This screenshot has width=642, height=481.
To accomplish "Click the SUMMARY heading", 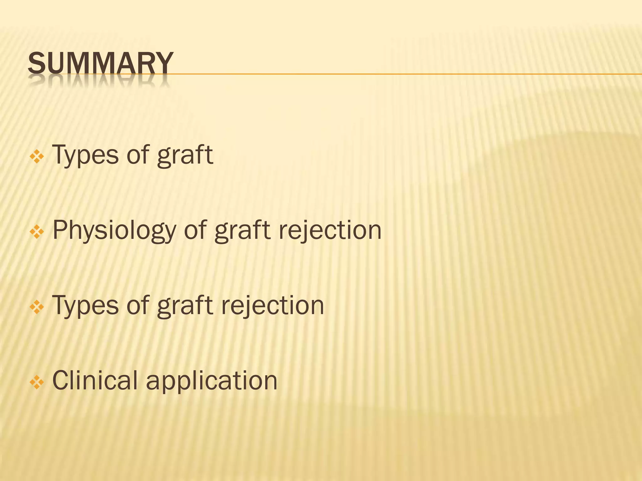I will coord(100,63).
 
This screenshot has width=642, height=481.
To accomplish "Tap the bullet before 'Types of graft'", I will coord(37,156).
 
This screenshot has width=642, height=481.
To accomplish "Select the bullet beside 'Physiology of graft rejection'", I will coord(37,232).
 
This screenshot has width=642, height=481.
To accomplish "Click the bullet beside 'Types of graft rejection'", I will coord(37,307).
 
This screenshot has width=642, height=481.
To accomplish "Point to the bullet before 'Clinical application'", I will coord(37,382).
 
